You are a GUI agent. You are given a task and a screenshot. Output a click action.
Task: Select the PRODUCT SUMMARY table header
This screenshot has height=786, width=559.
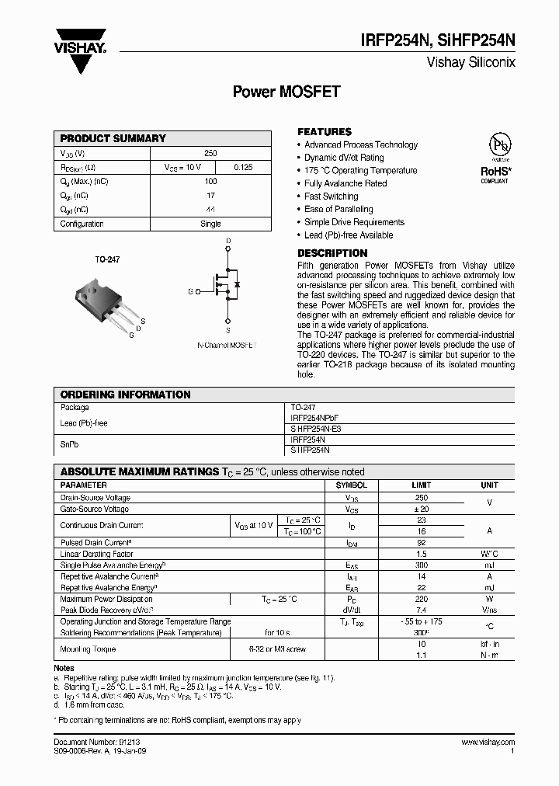coord(113,138)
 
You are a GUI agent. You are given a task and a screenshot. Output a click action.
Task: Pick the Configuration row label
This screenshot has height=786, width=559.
coord(82,224)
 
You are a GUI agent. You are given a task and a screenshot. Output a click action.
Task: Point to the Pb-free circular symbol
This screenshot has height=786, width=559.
coord(497,146)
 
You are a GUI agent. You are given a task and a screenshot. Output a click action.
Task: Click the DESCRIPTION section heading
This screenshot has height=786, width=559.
coord(332,253)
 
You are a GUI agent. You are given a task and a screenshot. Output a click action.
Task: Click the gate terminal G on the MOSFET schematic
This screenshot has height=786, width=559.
coord(190,291)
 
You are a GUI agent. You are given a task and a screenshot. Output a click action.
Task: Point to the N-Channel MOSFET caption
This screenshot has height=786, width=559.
coord(227,344)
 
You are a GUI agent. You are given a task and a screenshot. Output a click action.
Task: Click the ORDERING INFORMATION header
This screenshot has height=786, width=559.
coord(125,395)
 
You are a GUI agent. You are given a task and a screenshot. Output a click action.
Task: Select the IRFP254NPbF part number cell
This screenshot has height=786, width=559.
coord(314,418)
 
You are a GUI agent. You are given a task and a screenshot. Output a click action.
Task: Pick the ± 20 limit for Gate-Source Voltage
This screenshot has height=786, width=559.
coord(421,509)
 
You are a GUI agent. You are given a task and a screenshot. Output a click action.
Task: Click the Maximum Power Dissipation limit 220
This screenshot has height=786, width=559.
coord(421,599)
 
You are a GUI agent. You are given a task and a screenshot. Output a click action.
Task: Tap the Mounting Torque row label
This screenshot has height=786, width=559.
coord(88,649)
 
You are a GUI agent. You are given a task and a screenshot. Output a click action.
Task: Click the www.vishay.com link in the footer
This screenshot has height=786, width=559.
coord(488,743)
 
